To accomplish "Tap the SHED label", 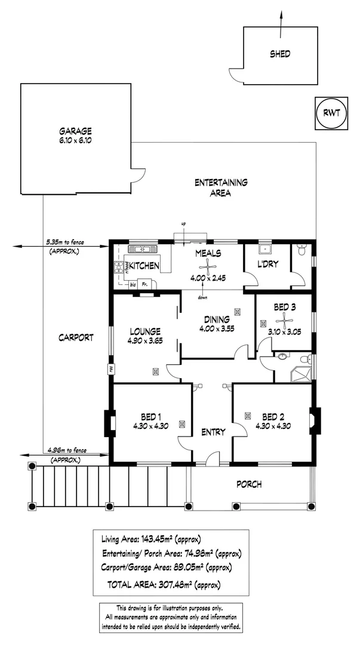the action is [x=280, y=54].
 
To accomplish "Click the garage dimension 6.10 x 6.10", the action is [x=75, y=141].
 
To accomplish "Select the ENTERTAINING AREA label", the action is [x=221, y=188].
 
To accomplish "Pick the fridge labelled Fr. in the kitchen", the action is [x=144, y=284].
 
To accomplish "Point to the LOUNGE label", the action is [x=145, y=331].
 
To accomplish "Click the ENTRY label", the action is [x=213, y=432].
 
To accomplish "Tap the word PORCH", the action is [x=249, y=484].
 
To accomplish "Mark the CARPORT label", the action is [x=75, y=337].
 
